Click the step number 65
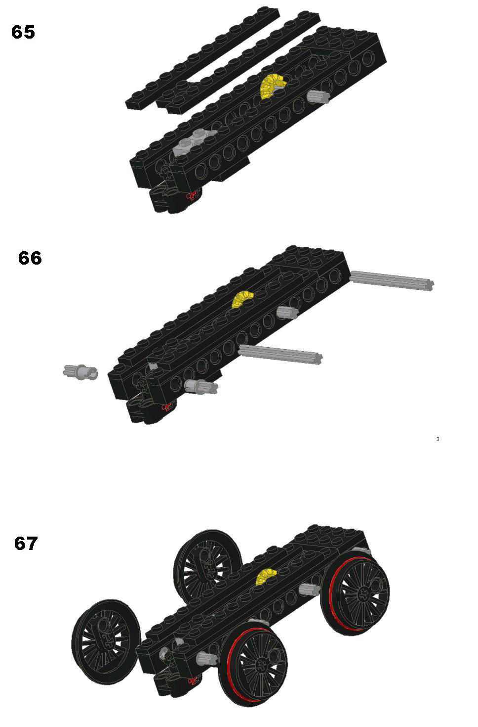(23, 32)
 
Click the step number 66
(30, 258)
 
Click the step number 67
(26, 544)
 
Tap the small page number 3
(438, 439)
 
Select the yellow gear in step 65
(272, 86)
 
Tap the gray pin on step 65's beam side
(318, 97)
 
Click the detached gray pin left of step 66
(80, 371)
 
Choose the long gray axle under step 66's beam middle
(280, 355)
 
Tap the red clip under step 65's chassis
(192, 196)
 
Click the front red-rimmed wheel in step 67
(253, 664)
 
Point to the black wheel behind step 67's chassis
(207, 566)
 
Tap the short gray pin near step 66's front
(201, 387)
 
